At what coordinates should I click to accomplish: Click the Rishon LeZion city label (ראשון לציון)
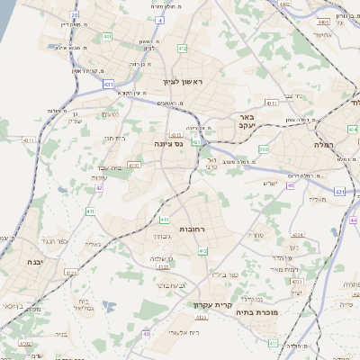coord(184,82)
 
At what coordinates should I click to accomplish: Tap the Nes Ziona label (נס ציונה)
coord(168,143)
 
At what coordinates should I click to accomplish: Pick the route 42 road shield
coord(98,189)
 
